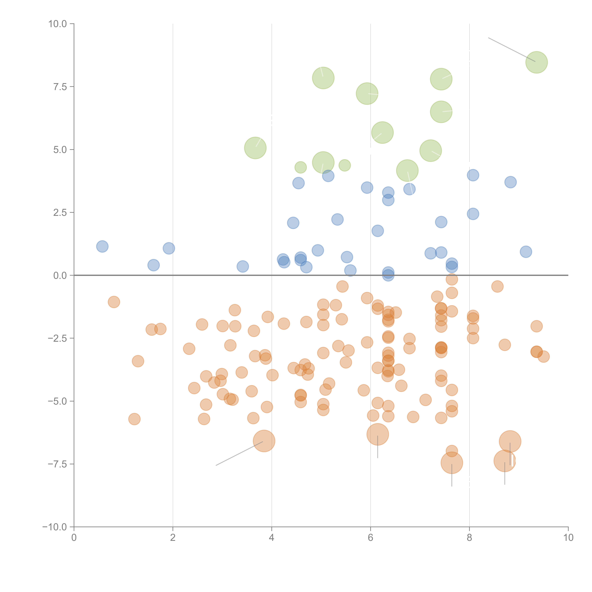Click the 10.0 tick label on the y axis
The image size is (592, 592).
click(x=58, y=24)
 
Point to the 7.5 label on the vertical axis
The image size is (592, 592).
click(x=60, y=87)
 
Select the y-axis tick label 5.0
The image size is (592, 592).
click(x=60, y=150)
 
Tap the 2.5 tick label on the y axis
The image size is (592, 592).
click(x=60, y=213)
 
